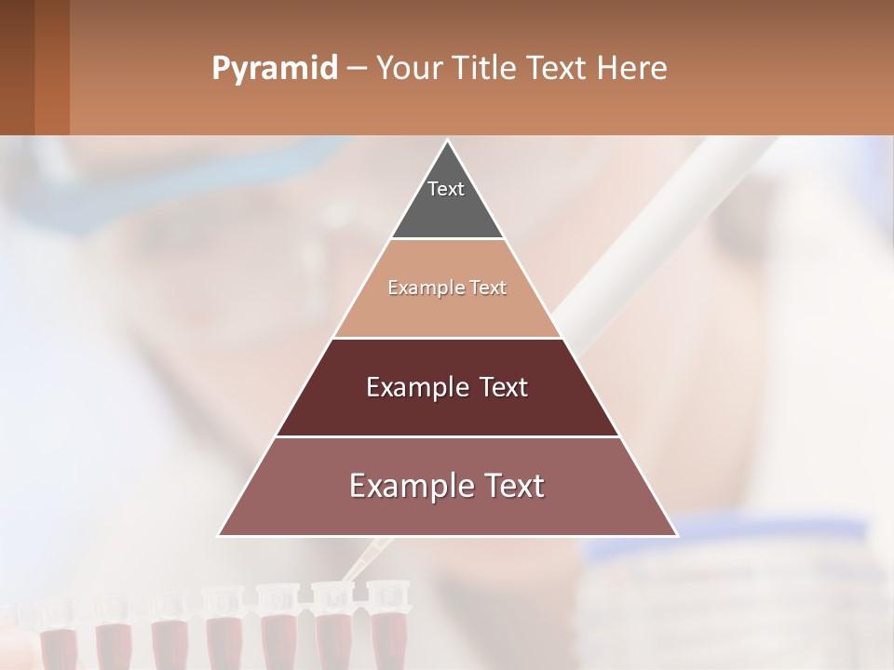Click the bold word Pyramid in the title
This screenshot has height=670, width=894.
pos(275,69)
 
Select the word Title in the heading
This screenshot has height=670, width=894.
pos(484,69)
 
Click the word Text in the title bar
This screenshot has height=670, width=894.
pos(560,69)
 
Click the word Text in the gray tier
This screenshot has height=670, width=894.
pos(446,189)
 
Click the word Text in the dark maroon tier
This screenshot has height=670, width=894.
pos(504,387)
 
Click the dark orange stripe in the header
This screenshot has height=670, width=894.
pos(52,67)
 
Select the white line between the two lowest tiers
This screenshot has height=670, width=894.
pos(448,436)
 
